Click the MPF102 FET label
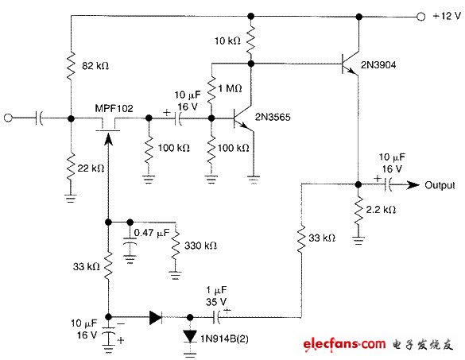click(x=114, y=109)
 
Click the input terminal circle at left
click(x=10, y=118)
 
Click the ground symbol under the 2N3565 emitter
click(x=254, y=177)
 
